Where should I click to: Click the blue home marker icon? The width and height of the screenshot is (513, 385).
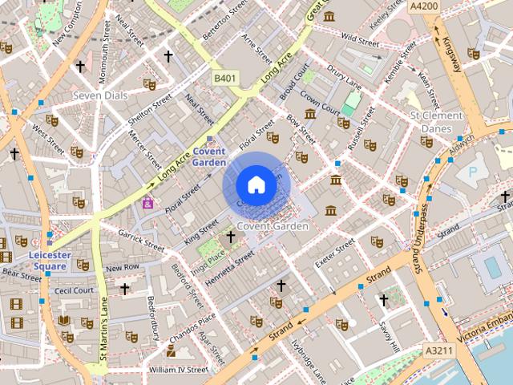point(256,185)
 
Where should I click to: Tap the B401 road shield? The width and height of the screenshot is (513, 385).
point(225,78)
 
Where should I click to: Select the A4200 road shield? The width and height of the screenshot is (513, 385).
point(423,6)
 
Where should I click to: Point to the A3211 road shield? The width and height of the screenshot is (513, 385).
point(438,351)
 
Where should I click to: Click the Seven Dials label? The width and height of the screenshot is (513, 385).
point(100,95)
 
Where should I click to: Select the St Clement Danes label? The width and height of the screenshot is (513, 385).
point(436,122)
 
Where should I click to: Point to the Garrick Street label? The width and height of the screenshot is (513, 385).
point(142,237)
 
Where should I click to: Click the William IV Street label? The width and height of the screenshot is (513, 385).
point(178,370)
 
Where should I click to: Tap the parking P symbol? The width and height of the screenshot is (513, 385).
point(471,172)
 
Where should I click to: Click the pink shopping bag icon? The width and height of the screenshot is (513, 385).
point(147,203)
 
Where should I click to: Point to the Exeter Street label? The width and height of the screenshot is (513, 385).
point(335,253)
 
